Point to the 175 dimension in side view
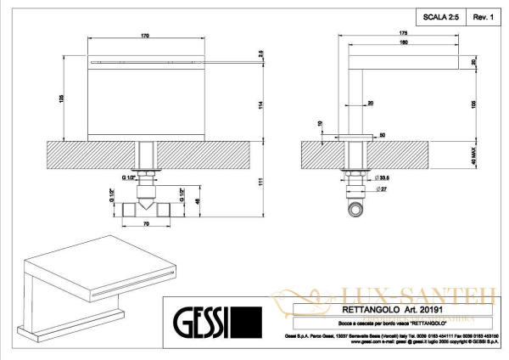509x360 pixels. point(403,33)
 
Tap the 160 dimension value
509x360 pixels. point(404,41)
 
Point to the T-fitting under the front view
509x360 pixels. point(149,205)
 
